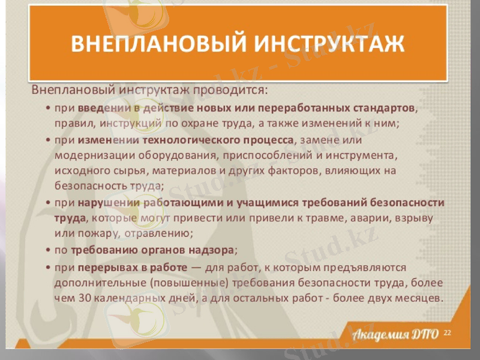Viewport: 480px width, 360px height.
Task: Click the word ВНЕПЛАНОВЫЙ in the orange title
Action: click(x=153, y=44)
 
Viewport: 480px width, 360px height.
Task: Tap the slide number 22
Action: click(x=447, y=333)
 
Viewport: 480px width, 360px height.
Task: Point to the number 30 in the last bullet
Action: click(x=84, y=298)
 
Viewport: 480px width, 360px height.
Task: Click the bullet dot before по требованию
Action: click(x=47, y=249)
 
